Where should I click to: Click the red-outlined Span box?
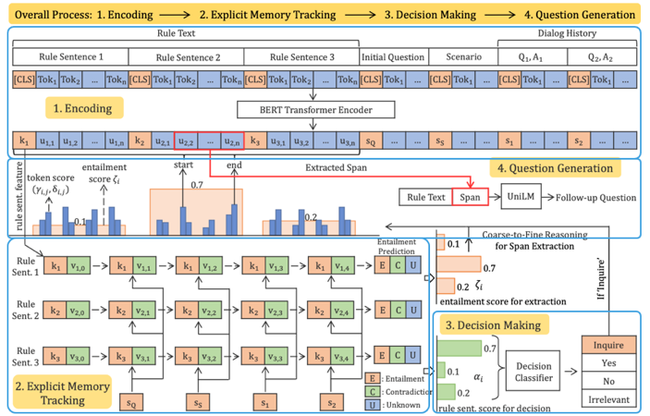click(x=470, y=198)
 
